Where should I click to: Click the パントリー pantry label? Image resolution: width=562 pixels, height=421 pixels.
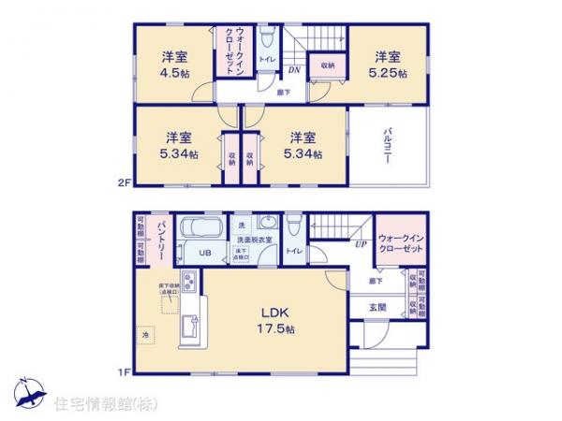[161, 238]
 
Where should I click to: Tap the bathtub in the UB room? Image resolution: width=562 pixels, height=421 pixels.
[198, 229]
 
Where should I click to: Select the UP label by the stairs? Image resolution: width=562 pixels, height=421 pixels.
[360, 244]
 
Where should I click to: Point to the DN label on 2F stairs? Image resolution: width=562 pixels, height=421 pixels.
[292, 70]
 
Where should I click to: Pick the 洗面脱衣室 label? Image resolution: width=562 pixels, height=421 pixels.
[254, 240]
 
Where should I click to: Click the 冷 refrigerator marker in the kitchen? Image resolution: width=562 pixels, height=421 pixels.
[146, 334]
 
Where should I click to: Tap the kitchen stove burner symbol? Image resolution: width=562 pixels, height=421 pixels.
[189, 283]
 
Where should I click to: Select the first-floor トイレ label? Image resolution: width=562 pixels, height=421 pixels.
[294, 251]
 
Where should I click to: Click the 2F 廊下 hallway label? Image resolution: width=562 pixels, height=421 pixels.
[283, 91]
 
